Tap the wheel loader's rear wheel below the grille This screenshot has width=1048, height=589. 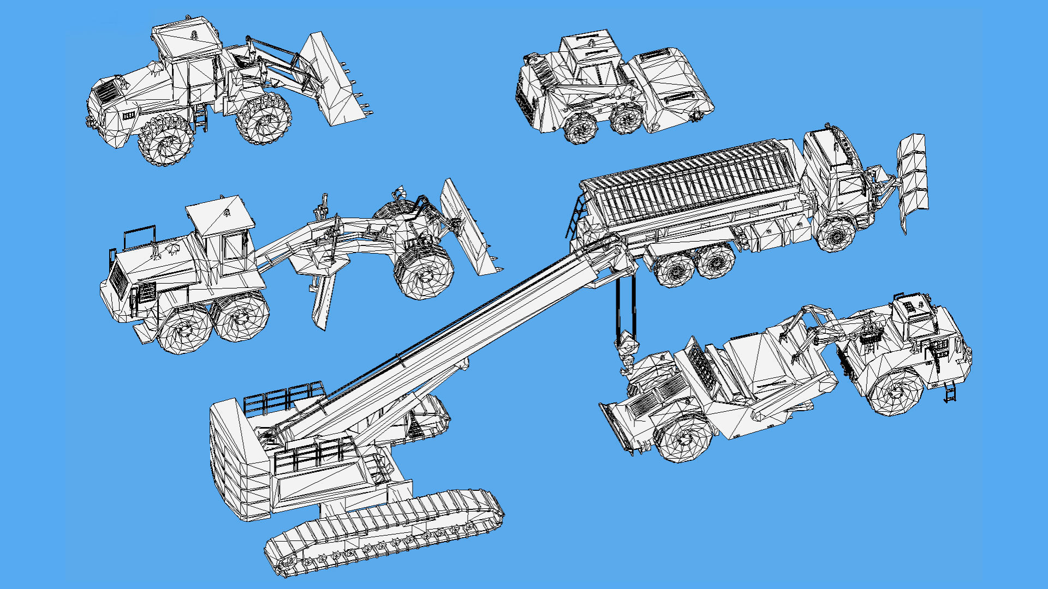pos(165,139)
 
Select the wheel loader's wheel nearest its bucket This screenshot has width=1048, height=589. pos(264,119)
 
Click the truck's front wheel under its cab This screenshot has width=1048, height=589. pos(835,235)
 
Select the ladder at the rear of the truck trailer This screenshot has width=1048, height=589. pos(576,215)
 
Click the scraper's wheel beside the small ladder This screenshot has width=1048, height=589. pos(895,390)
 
